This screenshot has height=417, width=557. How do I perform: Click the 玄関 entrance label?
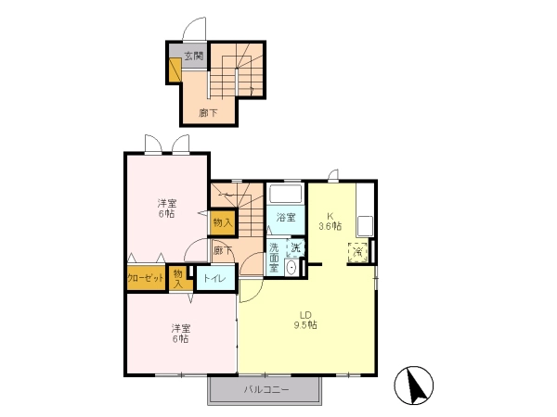(x=194, y=56)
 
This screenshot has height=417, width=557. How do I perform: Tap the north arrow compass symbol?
(x=413, y=385)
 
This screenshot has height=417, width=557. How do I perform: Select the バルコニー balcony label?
(x=266, y=390)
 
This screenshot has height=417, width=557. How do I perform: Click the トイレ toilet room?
(x=216, y=278)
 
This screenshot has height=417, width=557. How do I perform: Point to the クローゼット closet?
(x=146, y=278)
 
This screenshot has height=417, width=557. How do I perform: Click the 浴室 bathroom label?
(x=286, y=218)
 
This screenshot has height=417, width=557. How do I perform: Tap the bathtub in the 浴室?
(x=286, y=194)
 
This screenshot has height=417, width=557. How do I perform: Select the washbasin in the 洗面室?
(x=291, y=268)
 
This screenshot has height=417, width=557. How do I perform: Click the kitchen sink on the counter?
(x=365, y=226)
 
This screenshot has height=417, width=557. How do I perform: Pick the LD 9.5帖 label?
(x=305, y=320)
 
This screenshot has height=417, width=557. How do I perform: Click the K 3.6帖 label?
(x=330, y=221)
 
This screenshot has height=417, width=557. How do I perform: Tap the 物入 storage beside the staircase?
(x=223, y=222)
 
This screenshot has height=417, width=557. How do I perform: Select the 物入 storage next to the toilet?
(x=178, y=278)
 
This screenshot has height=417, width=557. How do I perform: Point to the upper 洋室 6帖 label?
(x=167, y=208)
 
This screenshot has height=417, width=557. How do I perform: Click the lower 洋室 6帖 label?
(x=181, y=334)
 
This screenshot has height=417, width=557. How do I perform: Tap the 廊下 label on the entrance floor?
(x=208, y=113)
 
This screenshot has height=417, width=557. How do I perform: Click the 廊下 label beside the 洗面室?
(x=223, y=251)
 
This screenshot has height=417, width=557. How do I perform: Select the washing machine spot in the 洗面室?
(x=295, y=247)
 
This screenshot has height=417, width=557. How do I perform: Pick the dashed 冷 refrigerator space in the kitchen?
(x=358, y=252)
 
